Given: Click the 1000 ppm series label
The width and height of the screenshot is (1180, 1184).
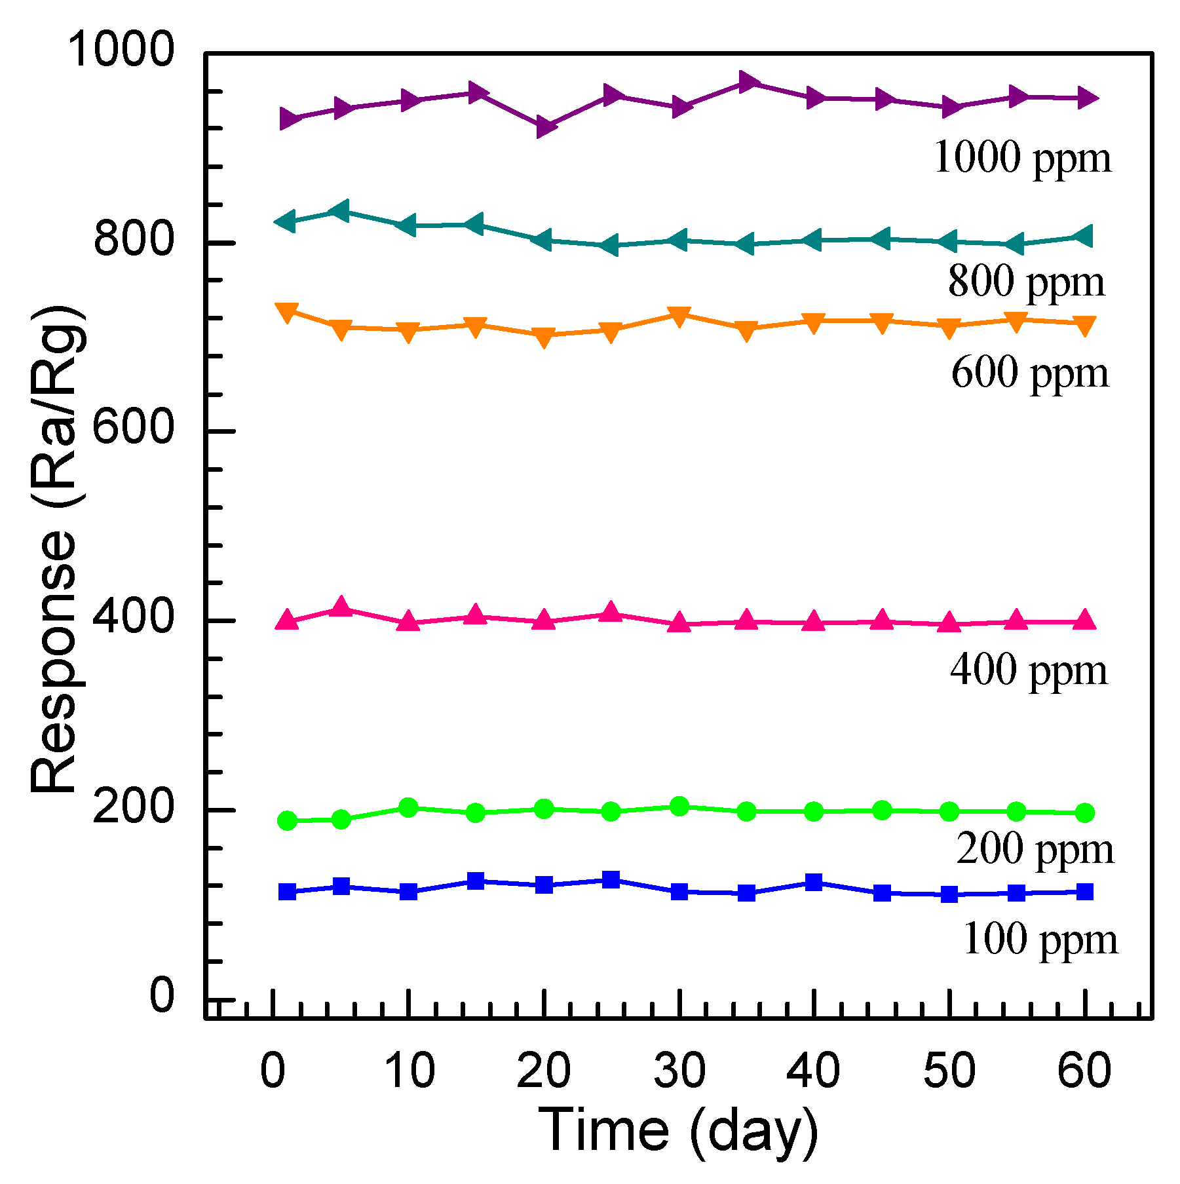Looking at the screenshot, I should pyautogui.click(x=1022, y=158).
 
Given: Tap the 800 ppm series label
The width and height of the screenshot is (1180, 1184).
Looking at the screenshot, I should pyautogui.click(x=1026, y=282).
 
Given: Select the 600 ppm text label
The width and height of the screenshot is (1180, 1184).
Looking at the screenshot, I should pyautogui.click(x=1030, y=373).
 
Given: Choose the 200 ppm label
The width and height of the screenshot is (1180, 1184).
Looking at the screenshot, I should pyautogui.click(x=1035, y=849).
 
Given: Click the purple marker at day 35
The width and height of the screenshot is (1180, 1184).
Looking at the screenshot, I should pyautogui.click(x=747, y=83).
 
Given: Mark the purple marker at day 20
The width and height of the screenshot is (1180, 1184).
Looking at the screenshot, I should pyautogui.click(x=544, y=127).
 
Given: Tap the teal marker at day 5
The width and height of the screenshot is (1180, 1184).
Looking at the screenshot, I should pyautogui.click(x=341, y=211).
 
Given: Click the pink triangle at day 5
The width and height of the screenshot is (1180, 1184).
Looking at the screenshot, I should pyautogui.click(x=341, y=607).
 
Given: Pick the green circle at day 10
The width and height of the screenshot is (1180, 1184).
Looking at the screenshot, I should pyautogui.click(x=409, y=807).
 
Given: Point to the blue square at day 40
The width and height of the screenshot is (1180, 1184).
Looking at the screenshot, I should pyautogui.click(x=814, y=882).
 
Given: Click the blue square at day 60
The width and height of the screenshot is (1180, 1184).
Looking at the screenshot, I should pyautogui.click(x=1085, y=891).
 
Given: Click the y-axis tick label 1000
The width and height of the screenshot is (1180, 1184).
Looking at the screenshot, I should pyautogui.click(x=121, y=50).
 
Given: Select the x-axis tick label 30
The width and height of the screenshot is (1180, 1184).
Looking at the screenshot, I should pyautogui.click(x=679, y=1071).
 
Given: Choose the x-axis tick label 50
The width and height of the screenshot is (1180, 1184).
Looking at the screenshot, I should pyautogui.click(x=949, y=1071).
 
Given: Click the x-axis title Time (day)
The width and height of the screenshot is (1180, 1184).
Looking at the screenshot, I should pyautogui.click(x=678, y=1131).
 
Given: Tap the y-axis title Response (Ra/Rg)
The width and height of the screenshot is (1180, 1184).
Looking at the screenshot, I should pyautogui.click(x=55, y=549).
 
